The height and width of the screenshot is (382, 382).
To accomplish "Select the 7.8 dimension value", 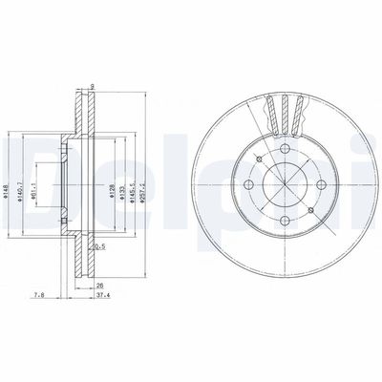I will [35, 295].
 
